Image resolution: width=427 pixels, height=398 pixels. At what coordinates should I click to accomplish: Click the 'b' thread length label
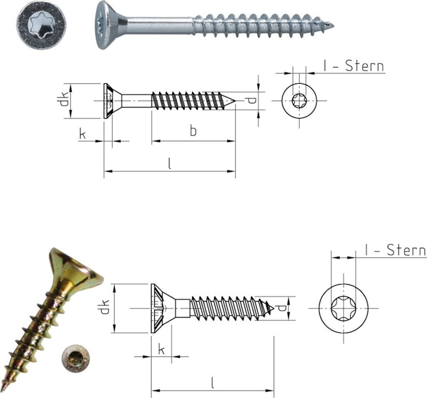[x=193, y=131]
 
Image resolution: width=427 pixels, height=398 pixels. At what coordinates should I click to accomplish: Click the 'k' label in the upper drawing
[x=82, y=134]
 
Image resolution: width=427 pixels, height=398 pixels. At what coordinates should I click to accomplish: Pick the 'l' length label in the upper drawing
[x=170, y=164]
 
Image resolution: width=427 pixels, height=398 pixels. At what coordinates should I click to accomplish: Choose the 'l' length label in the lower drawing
[x=212, y=383]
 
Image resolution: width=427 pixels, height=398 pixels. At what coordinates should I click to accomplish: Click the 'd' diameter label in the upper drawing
[x=252, y=101]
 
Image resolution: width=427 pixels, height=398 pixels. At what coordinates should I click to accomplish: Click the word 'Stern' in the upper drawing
[x=364, y=66]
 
